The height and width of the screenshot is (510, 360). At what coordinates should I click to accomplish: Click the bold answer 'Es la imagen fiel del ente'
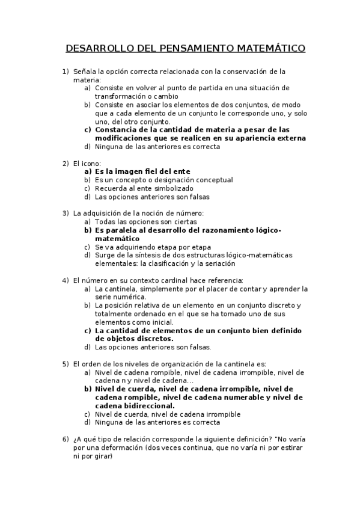[142, 171]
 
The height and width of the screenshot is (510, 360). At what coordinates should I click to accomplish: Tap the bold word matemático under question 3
[117, 238]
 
